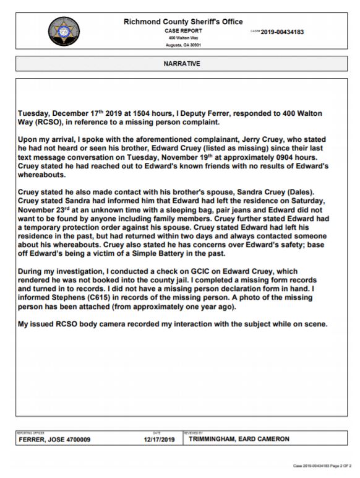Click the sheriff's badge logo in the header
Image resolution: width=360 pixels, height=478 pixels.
point(64,32)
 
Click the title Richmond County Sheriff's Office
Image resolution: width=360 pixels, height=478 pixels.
point(184,22)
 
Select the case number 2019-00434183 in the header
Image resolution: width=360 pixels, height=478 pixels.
point(276,32)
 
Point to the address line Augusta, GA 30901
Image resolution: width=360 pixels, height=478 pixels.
point(183,45)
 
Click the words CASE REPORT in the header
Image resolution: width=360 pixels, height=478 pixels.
point(183,30)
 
